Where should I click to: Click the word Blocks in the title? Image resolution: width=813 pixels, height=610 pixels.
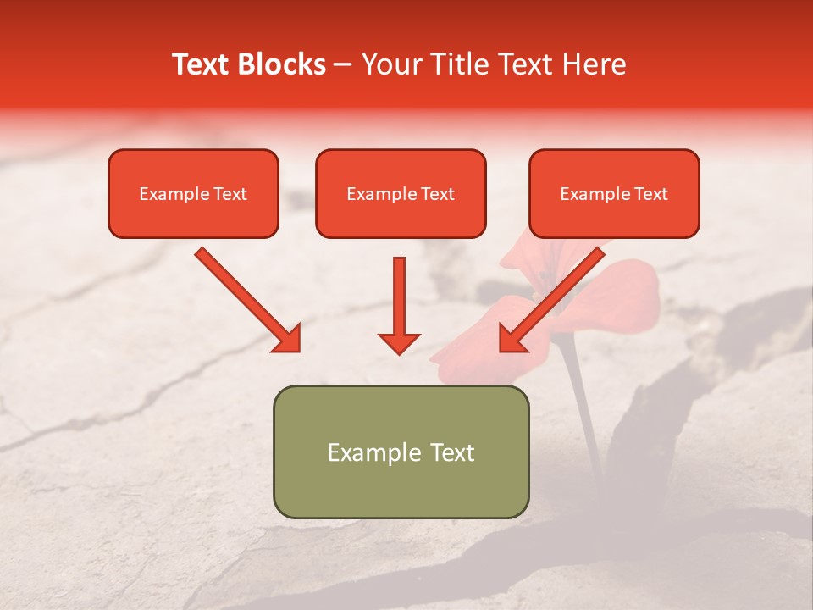pyautogui.click(x=281, y=64)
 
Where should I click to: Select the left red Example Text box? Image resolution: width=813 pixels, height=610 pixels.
pyautogui.click(x=193, y=193)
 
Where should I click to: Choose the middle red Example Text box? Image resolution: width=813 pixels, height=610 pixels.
pyautogui.click(x=401, y=193)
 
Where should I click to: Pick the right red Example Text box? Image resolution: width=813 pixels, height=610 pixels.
pyautogui.click(x=614, y=193)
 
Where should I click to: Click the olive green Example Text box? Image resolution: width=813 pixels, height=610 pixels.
pyautogui.click(x=401, y=452)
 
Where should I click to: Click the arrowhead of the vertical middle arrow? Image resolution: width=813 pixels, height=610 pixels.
pyautogui.click(x=399, y=342)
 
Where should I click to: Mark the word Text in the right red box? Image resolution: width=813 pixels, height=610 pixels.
pyautogui.click(x=651, y=194)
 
